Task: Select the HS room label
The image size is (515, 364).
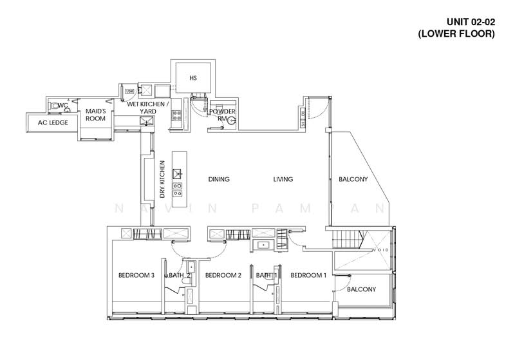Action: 192,78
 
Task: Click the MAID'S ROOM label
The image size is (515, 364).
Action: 96,115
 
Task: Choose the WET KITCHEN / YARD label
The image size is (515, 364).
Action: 148,107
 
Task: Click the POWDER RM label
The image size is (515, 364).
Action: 221,115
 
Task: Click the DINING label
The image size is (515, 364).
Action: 219,180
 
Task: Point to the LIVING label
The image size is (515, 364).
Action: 283,180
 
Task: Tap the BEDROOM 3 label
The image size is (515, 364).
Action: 136,276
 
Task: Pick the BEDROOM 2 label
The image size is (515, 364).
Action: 223,276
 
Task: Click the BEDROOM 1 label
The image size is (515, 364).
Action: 308,276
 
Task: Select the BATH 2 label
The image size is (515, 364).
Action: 176,276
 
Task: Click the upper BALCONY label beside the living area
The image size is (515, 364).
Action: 353,180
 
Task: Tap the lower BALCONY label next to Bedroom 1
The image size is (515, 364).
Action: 361,289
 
